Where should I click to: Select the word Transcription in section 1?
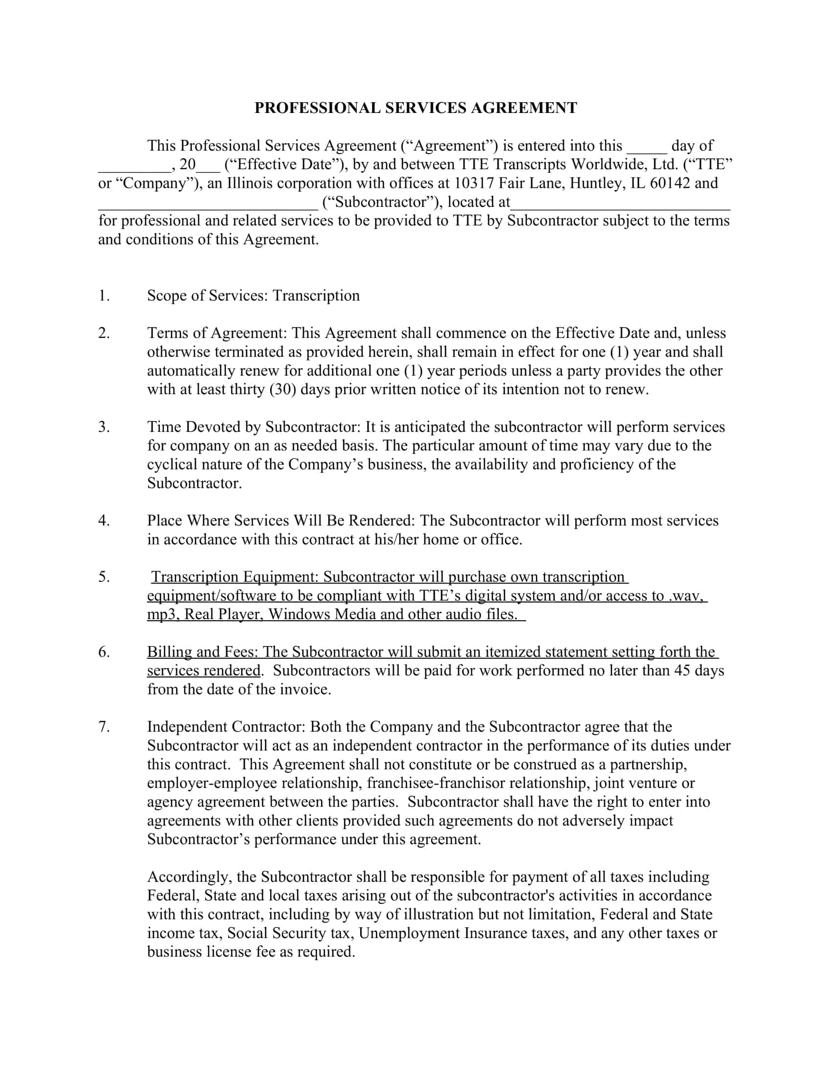click(316, 295)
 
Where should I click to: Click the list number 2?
click(103, 333)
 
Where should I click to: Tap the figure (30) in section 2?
click(282, 389)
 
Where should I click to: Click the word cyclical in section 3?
click(173, 464)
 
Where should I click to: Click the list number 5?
click(103, 577)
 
